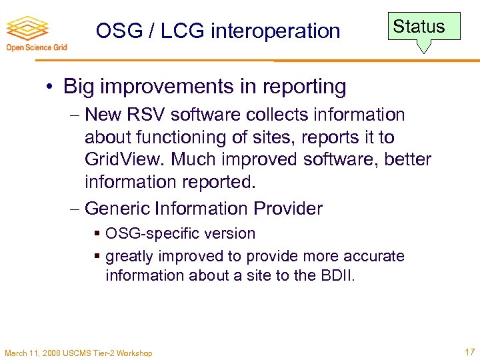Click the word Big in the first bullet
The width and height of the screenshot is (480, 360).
80,87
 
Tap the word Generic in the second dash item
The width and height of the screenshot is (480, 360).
118,209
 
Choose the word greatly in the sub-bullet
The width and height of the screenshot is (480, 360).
129,256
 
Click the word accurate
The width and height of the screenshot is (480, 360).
376,256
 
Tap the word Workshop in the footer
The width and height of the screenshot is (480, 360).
135,353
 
